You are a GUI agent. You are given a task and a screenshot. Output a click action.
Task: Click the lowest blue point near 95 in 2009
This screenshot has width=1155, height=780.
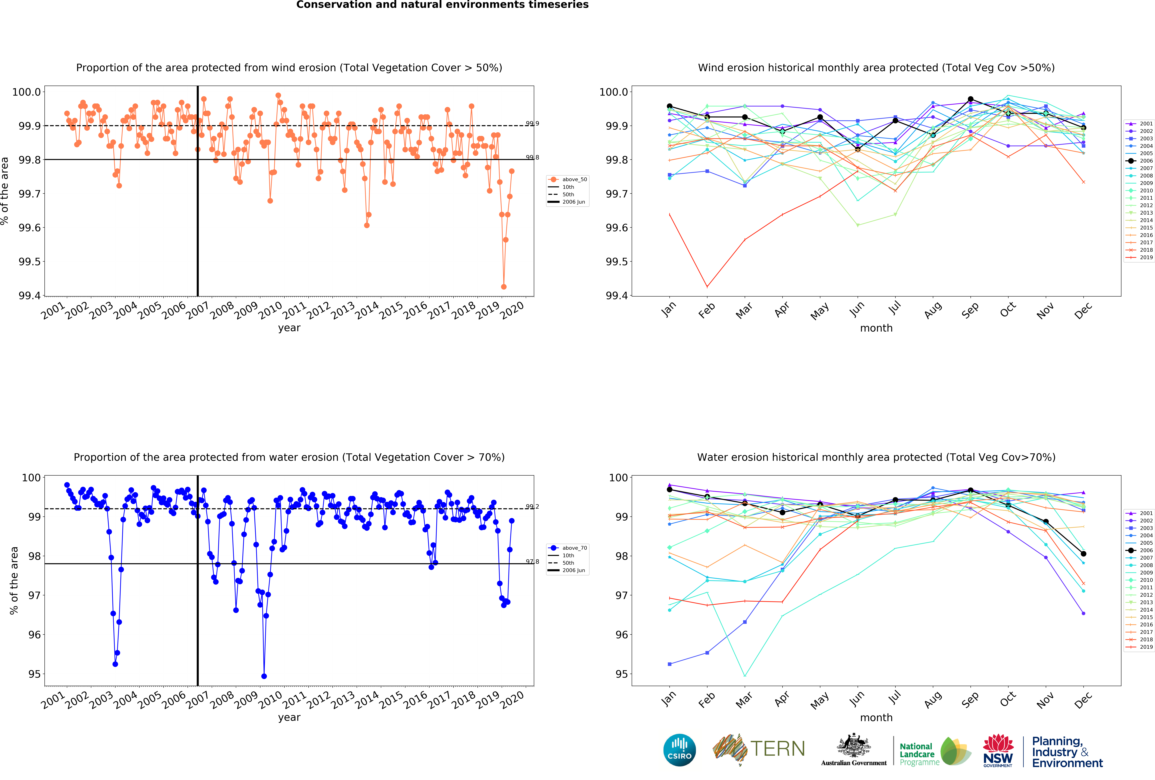(x=264, y=676)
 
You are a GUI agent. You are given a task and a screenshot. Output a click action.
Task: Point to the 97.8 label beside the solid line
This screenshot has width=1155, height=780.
(x=532, y=561)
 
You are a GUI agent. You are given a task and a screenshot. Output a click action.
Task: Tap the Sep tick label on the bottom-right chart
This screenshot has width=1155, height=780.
(x=970, y=699)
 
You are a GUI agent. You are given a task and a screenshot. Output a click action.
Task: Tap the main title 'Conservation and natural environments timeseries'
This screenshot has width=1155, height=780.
(x=442, y=5)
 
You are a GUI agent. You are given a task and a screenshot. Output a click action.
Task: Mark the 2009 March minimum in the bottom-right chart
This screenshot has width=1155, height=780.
(x=744, y=676)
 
